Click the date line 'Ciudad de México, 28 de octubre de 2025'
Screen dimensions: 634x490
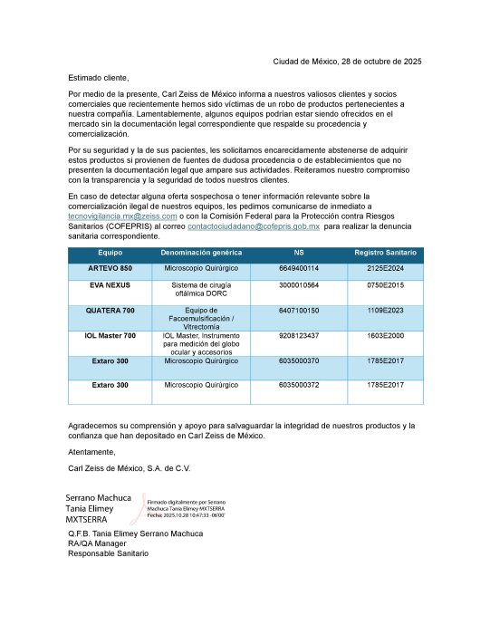[347, 62]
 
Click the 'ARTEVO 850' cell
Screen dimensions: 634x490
[110, 269]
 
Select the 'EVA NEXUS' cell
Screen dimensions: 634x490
[110, 284]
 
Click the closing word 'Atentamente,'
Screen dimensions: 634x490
[91, 451]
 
